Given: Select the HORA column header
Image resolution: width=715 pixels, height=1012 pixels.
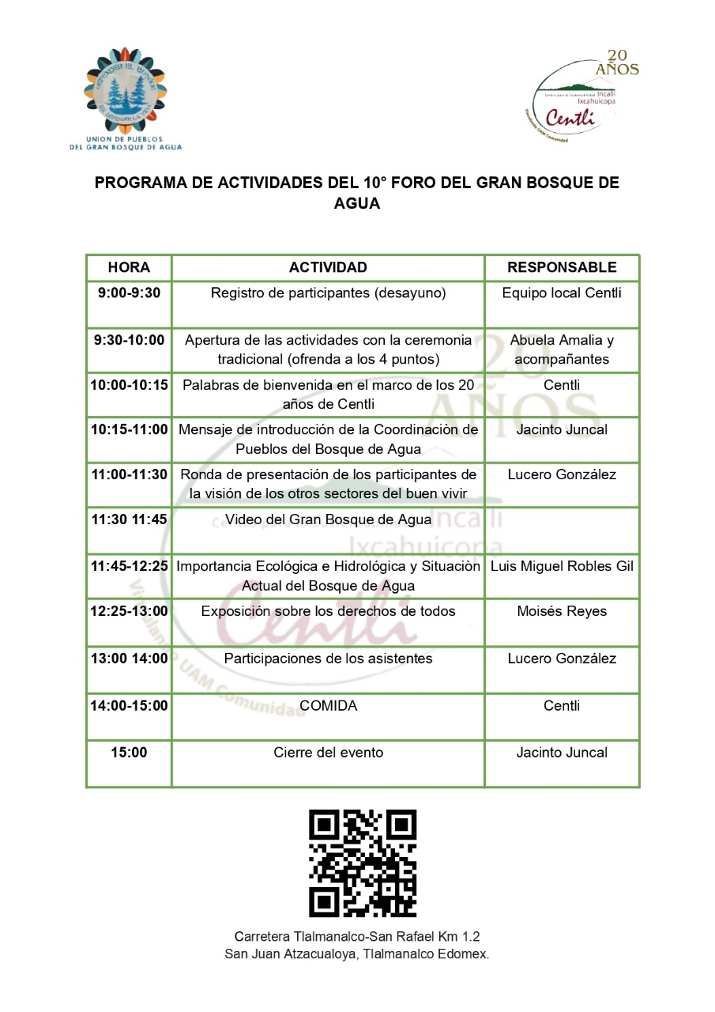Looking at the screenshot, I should point(129,267).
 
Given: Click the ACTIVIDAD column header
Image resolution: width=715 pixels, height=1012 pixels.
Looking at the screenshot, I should point(328,267).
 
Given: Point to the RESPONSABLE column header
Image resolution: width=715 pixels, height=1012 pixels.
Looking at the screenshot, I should point(562,267).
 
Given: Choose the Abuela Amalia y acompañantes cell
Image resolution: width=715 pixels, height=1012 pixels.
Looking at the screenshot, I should point(562,349).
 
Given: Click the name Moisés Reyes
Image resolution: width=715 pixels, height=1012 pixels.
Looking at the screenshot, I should point(562,612).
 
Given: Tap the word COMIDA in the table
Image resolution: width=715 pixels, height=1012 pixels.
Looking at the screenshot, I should point(328,706).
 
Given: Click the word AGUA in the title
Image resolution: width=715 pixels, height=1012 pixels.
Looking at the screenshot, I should point(356,203).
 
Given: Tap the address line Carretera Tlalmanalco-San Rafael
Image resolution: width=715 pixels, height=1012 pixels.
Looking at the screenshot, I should point(357,936).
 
